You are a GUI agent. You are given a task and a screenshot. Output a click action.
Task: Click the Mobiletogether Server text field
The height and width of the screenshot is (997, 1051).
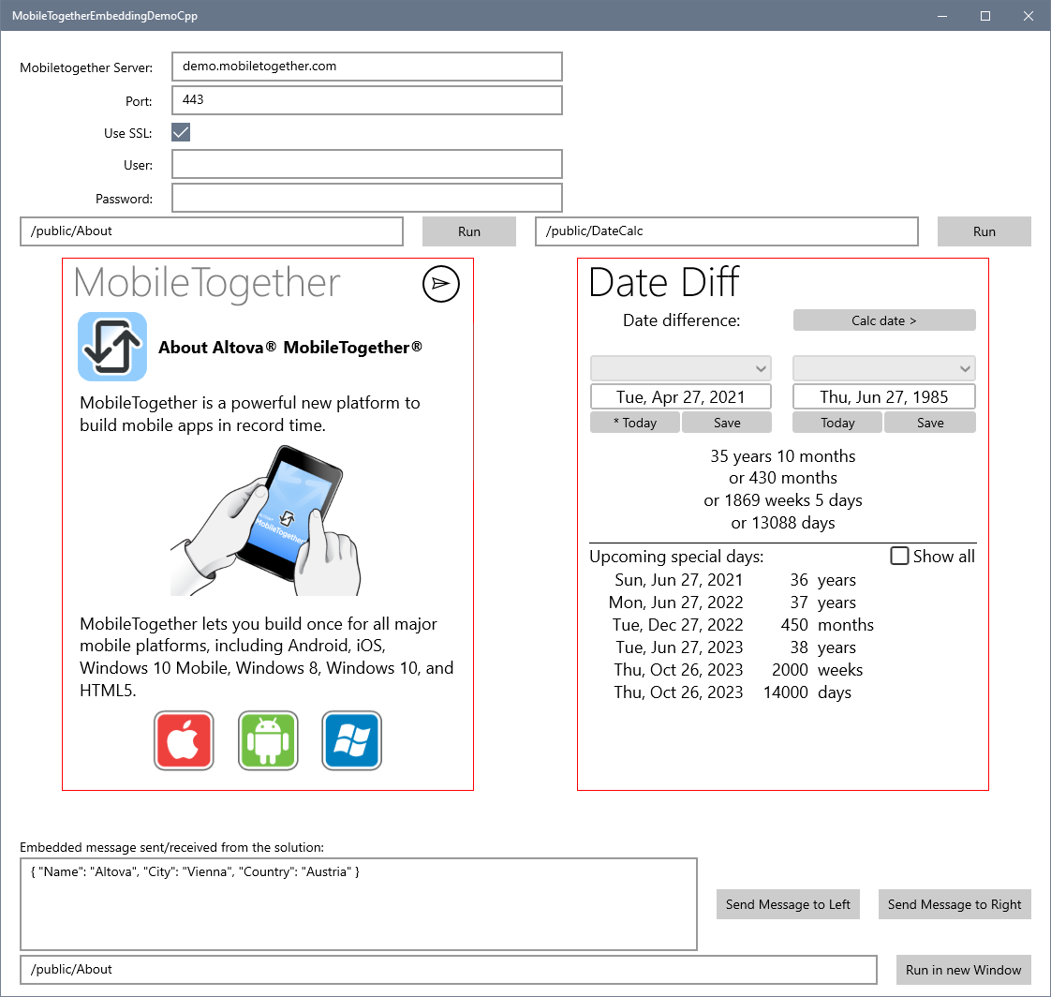(x=366, y=67)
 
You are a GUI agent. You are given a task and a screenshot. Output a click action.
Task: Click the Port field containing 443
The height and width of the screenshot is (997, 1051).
(x=366, y=100)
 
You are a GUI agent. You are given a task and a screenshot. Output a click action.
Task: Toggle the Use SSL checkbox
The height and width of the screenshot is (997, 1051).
(x=181, y=132)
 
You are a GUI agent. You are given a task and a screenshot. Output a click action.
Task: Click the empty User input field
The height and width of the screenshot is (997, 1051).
(x=366, y=164)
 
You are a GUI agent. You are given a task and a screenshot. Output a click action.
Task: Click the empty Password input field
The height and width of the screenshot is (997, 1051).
(x=366, y=198)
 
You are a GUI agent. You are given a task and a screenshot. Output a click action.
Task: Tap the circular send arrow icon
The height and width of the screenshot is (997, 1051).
(x=441, y=284)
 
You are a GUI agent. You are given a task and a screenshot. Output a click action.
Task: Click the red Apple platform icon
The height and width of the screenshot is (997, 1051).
(x=184, y=740)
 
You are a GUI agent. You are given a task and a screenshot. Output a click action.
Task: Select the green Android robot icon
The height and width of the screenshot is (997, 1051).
(x=268, y=740)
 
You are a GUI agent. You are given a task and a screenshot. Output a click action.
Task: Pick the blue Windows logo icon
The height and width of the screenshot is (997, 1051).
(x=352, y=740)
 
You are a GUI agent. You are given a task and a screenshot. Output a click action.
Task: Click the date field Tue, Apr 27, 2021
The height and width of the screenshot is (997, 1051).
(x=680, y=396)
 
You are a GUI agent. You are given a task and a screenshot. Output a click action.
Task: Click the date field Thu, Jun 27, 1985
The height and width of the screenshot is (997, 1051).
(x=884, y=396)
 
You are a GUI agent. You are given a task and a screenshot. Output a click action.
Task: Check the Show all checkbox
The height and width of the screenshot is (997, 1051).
(x=899, y=556)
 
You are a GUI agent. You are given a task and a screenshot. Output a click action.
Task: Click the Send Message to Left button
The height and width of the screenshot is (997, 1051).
(x=788, y=904)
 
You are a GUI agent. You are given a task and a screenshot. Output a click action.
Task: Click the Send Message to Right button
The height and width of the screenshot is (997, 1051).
(x=955, y=904)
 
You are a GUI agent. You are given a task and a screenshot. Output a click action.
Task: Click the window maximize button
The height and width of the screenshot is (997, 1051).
(x=985, y=15)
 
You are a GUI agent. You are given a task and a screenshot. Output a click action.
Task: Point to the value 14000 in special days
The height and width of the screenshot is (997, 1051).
(x=786, y=692)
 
